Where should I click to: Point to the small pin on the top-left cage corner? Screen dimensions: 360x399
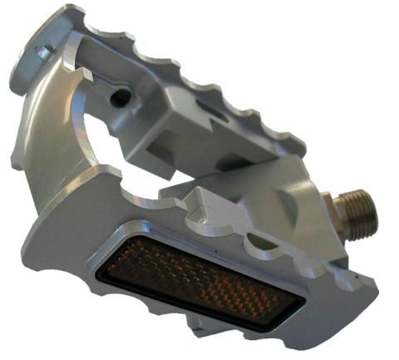pos(40,52)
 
